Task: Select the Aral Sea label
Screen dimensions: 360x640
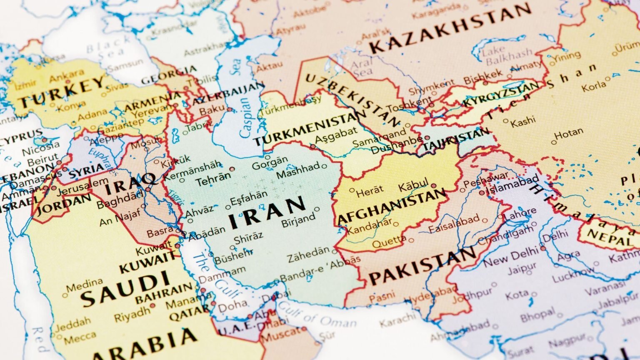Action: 362,68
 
